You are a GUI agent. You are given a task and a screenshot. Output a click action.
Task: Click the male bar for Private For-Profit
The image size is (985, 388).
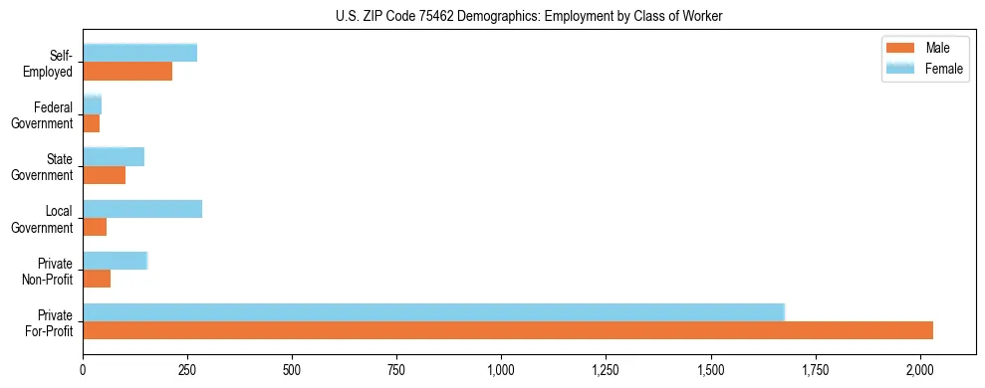pos(508,330)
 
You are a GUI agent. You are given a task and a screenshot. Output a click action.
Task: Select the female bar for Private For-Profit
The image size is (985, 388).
pos(433,312)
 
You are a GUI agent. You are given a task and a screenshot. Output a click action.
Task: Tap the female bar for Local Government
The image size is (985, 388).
pos(142,209)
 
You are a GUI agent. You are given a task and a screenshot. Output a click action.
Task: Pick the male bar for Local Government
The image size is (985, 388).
pos(95,227)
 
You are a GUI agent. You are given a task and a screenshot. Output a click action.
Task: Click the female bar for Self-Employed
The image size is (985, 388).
pos(139,53)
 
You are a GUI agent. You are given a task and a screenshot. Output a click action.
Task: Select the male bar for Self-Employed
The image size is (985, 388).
pos(127,71)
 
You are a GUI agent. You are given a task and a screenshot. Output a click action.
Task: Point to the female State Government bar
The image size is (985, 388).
pos(114,156)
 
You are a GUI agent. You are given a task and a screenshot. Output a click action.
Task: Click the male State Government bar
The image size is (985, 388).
pos(104,175)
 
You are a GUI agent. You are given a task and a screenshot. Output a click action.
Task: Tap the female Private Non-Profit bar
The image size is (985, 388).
pos(115,261)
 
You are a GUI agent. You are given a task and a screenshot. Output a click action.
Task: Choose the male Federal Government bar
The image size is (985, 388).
pos(91,123)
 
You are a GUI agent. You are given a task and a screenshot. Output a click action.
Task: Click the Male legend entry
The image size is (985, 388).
pos(925,49)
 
